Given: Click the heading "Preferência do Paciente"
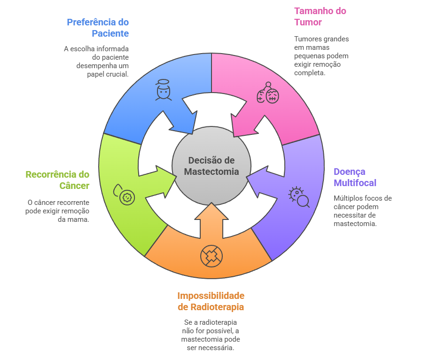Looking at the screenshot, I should click(98, 28).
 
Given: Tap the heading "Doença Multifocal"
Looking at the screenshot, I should click(355, 177).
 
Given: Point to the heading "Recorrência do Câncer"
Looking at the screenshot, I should click(57, 180).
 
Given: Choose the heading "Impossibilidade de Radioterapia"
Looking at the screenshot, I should click(211, 301).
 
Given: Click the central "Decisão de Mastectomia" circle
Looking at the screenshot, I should click(211, 166).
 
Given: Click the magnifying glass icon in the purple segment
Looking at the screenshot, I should click(299, 197).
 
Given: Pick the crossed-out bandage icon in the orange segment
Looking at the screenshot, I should click(211, 256).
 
